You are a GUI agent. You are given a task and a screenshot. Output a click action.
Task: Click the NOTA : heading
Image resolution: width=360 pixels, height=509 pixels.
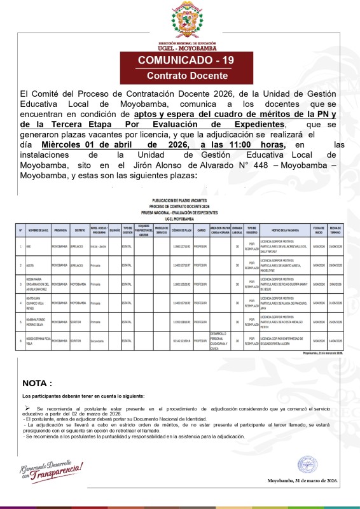[37, 383]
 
